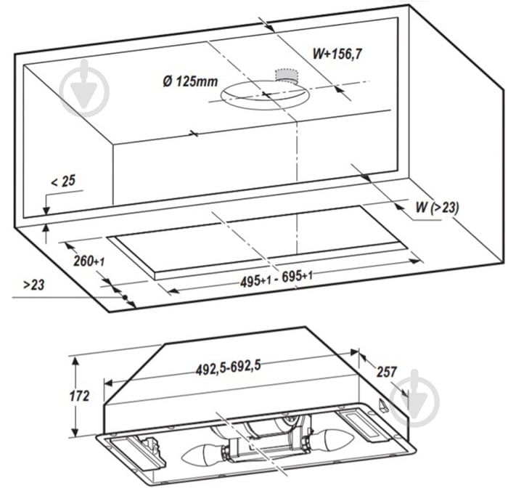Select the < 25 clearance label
click(x=62, y=181)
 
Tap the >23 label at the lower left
click(x=34, y=285)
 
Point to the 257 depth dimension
click(x=387, y=371)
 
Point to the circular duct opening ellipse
click(x=266, y=94)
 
